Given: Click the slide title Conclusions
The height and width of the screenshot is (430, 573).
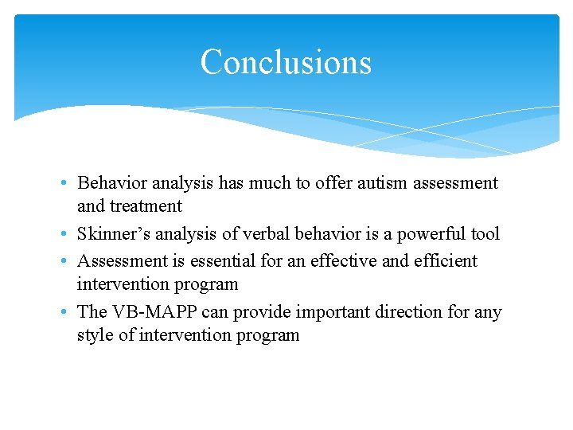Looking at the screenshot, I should click(286, 62).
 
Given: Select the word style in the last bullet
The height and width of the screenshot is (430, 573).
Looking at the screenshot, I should click(95, 335).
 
